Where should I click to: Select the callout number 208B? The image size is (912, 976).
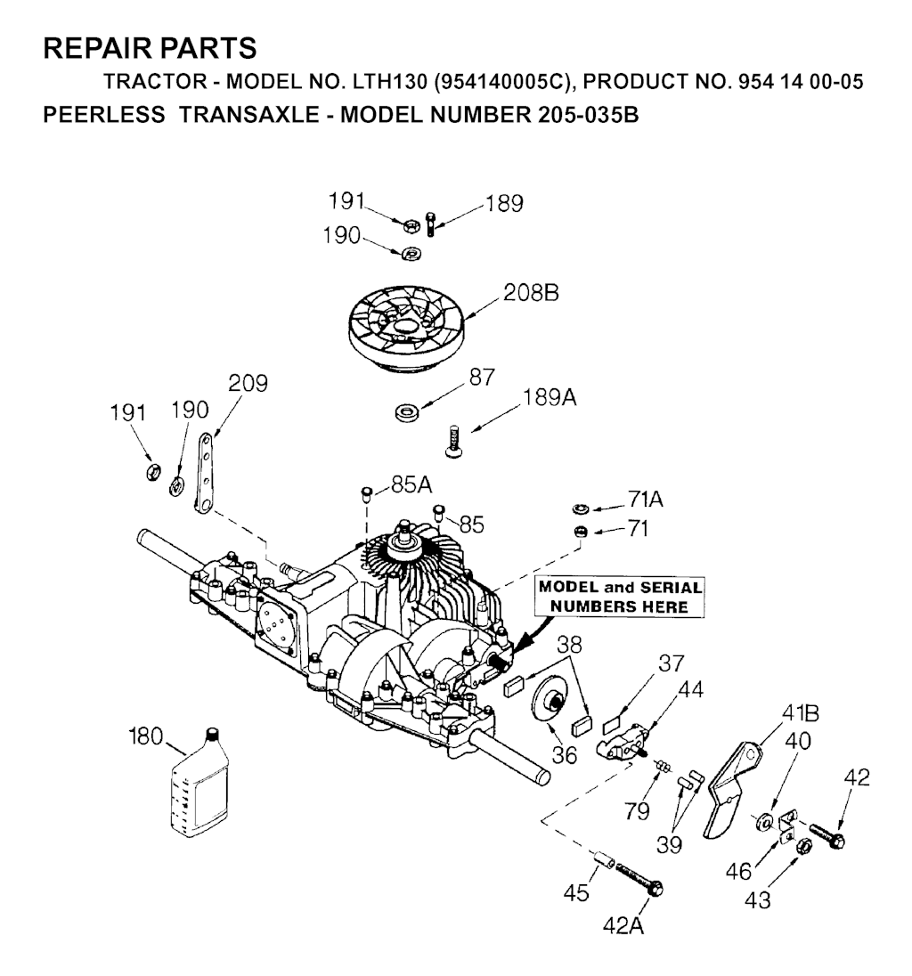(x=531, y=293)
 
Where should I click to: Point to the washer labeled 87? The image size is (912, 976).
(x=406, y=412)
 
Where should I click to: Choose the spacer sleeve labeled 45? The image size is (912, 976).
(x=603, y=859)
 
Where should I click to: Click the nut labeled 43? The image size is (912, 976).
(x=803, y=846)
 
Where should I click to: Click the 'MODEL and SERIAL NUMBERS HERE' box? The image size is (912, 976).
(x=619, y=597)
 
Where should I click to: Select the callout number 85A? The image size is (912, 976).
(x=411, y=485)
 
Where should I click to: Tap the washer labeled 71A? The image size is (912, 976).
(x=581, y=508)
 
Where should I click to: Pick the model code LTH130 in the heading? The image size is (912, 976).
(x=390, y=82)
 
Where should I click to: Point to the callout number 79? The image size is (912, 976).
(x=637, y=810)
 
